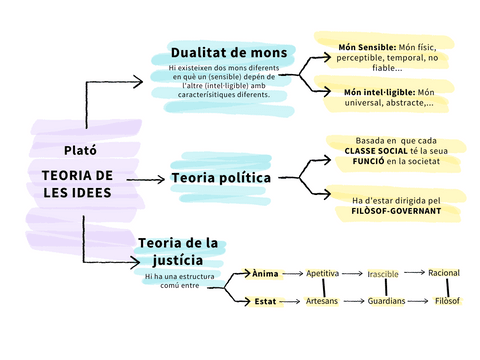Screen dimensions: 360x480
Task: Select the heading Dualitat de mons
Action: coord(229,53)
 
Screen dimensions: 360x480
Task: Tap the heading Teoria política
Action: coord(222,177)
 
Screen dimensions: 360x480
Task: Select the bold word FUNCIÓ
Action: coord(362,160)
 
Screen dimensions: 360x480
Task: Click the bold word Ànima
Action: coord(265,273)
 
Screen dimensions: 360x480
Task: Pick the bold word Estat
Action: coord(265,300)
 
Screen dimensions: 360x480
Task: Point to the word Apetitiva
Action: coord(322,273)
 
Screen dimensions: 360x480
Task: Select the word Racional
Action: coord(444,272)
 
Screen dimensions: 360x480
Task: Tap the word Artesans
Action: coord(322,300)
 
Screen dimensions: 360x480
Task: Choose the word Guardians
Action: coord(385,300)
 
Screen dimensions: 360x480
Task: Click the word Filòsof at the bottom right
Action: coord(446,300)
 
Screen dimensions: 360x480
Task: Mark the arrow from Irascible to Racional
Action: coord(415,273)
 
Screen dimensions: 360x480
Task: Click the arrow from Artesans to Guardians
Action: coord(353,300)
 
